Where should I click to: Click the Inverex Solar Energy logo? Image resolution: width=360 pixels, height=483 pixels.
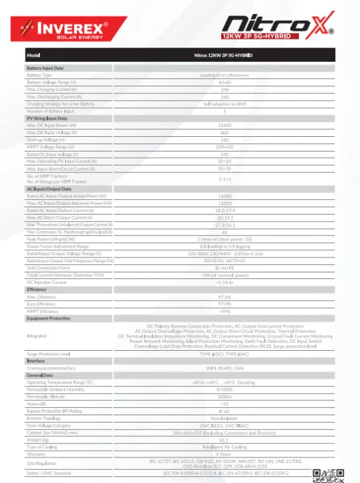pos(61,29)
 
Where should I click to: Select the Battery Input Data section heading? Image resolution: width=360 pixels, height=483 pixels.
pos(46,68)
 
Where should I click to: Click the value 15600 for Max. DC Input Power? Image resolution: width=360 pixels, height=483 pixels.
pos(225,125)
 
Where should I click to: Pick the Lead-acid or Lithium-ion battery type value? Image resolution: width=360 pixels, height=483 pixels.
pos(225,74)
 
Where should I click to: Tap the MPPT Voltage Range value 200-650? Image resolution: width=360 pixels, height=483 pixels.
pos(225,146)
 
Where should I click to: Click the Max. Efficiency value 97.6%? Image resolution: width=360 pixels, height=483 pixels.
pos(225,297)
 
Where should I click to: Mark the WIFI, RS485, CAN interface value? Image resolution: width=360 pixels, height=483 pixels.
pos(225,368)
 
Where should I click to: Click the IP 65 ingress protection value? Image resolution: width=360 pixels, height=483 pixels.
pos(225,411)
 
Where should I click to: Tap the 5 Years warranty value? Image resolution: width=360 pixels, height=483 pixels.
pos(225,453)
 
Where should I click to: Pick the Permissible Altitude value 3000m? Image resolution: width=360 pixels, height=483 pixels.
pos(225,396)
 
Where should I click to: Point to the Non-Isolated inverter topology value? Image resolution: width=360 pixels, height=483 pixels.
pos(225,418)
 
